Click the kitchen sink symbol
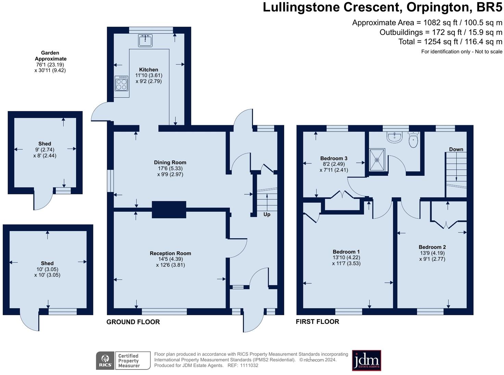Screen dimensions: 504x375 point(145,40)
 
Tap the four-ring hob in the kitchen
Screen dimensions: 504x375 point(121,83)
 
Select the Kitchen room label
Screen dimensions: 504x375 point(149,70)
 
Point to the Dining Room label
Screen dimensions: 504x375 point(170,162)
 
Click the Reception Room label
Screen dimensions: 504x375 point(171,253)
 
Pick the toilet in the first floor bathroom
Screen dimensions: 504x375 point(413,139)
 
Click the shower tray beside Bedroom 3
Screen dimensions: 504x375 point(377,160)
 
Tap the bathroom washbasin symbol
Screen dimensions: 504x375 point(394,137)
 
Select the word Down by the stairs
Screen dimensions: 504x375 point(456,149)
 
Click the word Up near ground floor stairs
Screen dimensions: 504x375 point(267,214)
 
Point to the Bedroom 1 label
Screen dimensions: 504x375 point(346,252)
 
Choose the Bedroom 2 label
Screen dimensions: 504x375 point(432,247)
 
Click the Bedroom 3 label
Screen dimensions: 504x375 point(333,158)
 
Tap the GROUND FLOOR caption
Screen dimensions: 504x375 point(133,322)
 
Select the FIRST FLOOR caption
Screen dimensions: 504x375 point(317,322)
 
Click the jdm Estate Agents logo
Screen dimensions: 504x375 point(366,360)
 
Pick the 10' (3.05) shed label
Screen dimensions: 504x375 point(47,269)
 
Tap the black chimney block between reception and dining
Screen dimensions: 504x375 point(169,209)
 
